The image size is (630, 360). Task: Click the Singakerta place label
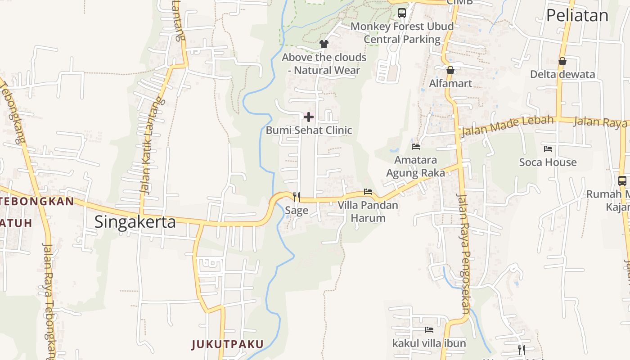tap(135, 222)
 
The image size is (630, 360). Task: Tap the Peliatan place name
tap(577, 16)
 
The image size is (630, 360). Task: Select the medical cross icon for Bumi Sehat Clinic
tap(309, 117)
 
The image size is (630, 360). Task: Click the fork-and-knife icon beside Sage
tap(297, 197)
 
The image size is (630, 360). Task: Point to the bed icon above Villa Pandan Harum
tap(368, 192)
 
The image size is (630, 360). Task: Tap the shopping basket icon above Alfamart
tap(450, 70)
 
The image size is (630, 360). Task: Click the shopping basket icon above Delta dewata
tap(562, 61)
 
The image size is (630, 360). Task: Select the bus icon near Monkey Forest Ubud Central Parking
tap(402, 13)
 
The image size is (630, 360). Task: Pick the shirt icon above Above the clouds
tap(324, 44)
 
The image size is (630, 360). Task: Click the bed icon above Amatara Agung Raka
tap(416, 146)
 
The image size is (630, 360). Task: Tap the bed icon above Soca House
tap(548, 149)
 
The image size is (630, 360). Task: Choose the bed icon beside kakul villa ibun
tap(429, 330)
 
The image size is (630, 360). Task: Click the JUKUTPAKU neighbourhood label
tap(227, 345)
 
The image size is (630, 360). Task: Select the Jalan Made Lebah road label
tap(507, 126)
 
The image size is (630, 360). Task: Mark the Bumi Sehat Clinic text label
tap(309, 130)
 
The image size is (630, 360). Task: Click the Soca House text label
tap(548, 162)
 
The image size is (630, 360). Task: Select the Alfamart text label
tap(450, 83)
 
